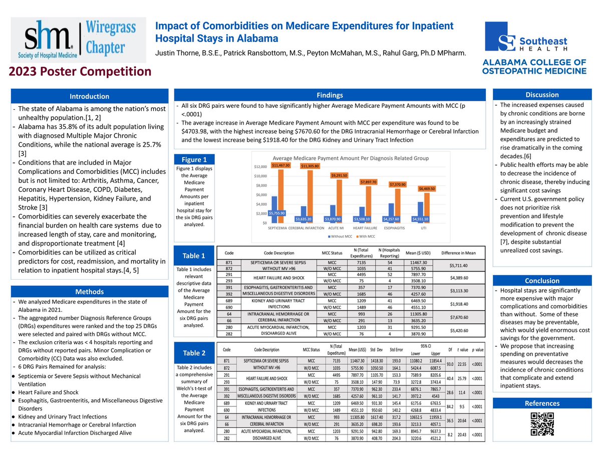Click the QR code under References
coord(542,424)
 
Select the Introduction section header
coord(89,96)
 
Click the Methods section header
coord(89,292)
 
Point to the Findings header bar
coord(330,95)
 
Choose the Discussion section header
coord(542,94)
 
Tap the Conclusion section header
coord(542,281)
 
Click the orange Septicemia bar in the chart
coord(280,196)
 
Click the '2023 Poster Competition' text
coord(79,72)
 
